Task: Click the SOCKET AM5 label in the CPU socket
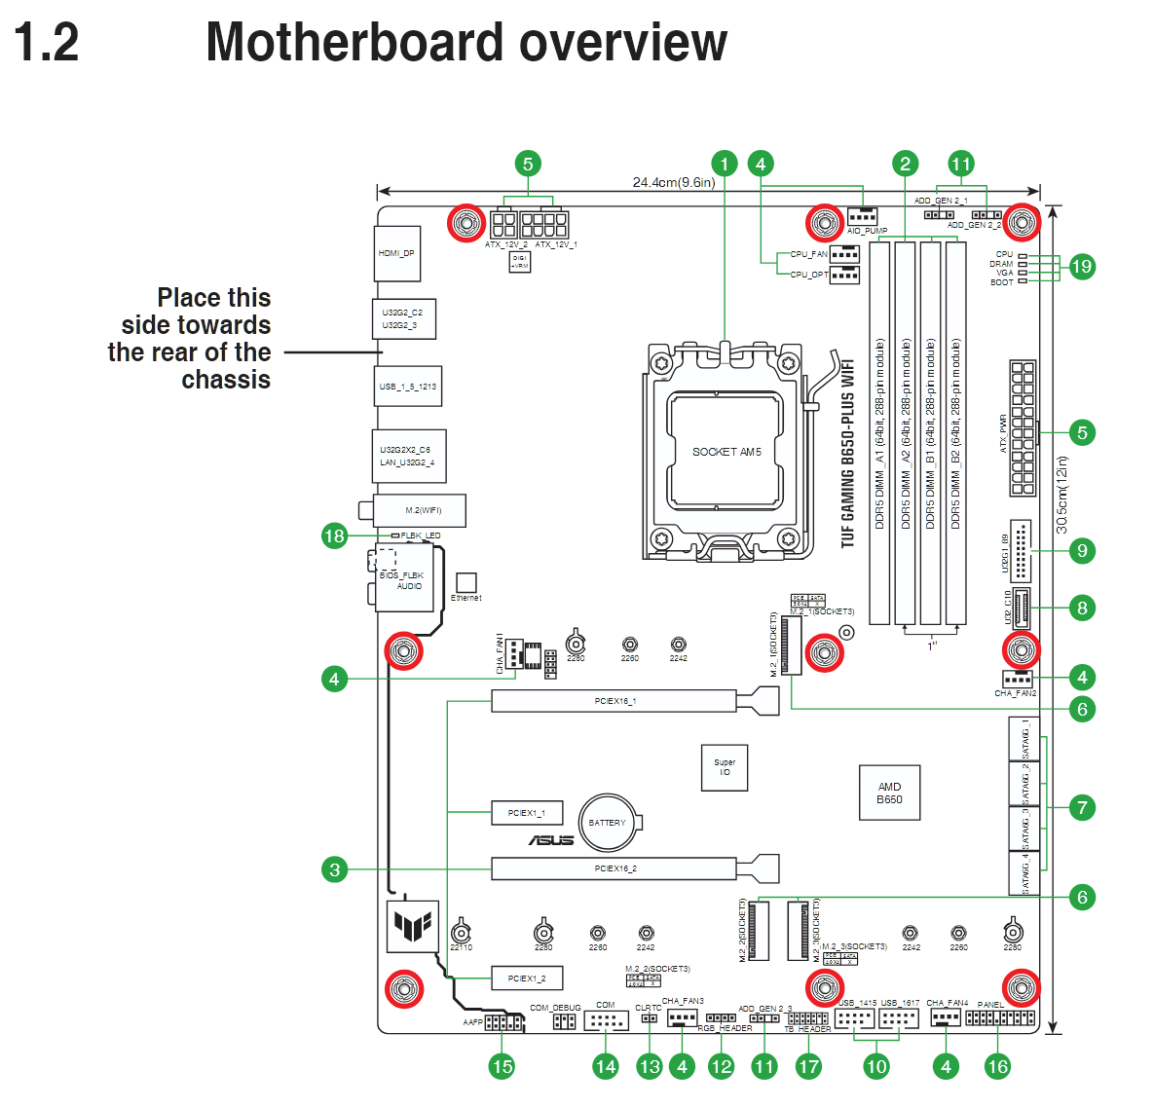pos(726,452)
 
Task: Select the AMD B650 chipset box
pos(889,793)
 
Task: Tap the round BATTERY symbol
pos(608,823)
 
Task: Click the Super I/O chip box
pos(725,767)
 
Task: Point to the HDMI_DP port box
pos(396,253)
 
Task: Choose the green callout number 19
pos(1081,266)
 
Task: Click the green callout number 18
pos(334,536)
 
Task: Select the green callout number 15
pos(502,1066)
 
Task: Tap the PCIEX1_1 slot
pos(526,813)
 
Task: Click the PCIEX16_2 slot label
pos(615,868)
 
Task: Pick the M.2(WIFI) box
pos(423,510)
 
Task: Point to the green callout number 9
pos(1081,551)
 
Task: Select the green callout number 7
pos(1081,807)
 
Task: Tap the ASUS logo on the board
pos(551,840)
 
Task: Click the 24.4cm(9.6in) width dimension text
pos(673,182)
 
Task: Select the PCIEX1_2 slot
pos(526,979)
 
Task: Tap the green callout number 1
pos(724,164)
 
